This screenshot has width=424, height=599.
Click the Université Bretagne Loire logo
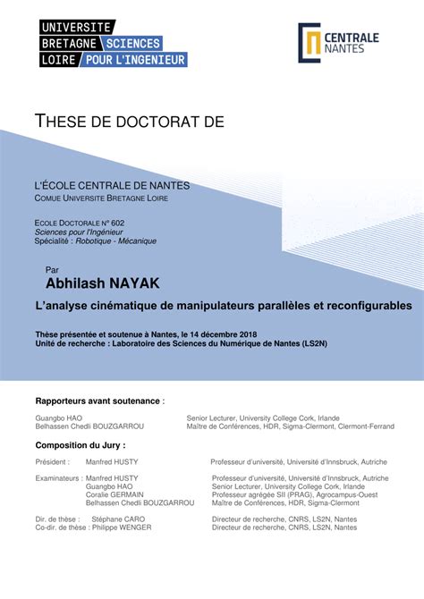click(x=113, y=43)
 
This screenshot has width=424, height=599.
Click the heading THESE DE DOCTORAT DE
click(x=129, y=121)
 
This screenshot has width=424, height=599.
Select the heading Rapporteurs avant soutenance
click(x=98, y=401)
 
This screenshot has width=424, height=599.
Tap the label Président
click(x=53, y=462)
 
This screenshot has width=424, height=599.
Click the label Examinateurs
click(x=58, y=478)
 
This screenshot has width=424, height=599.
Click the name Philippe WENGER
click(x=121, y=527)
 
